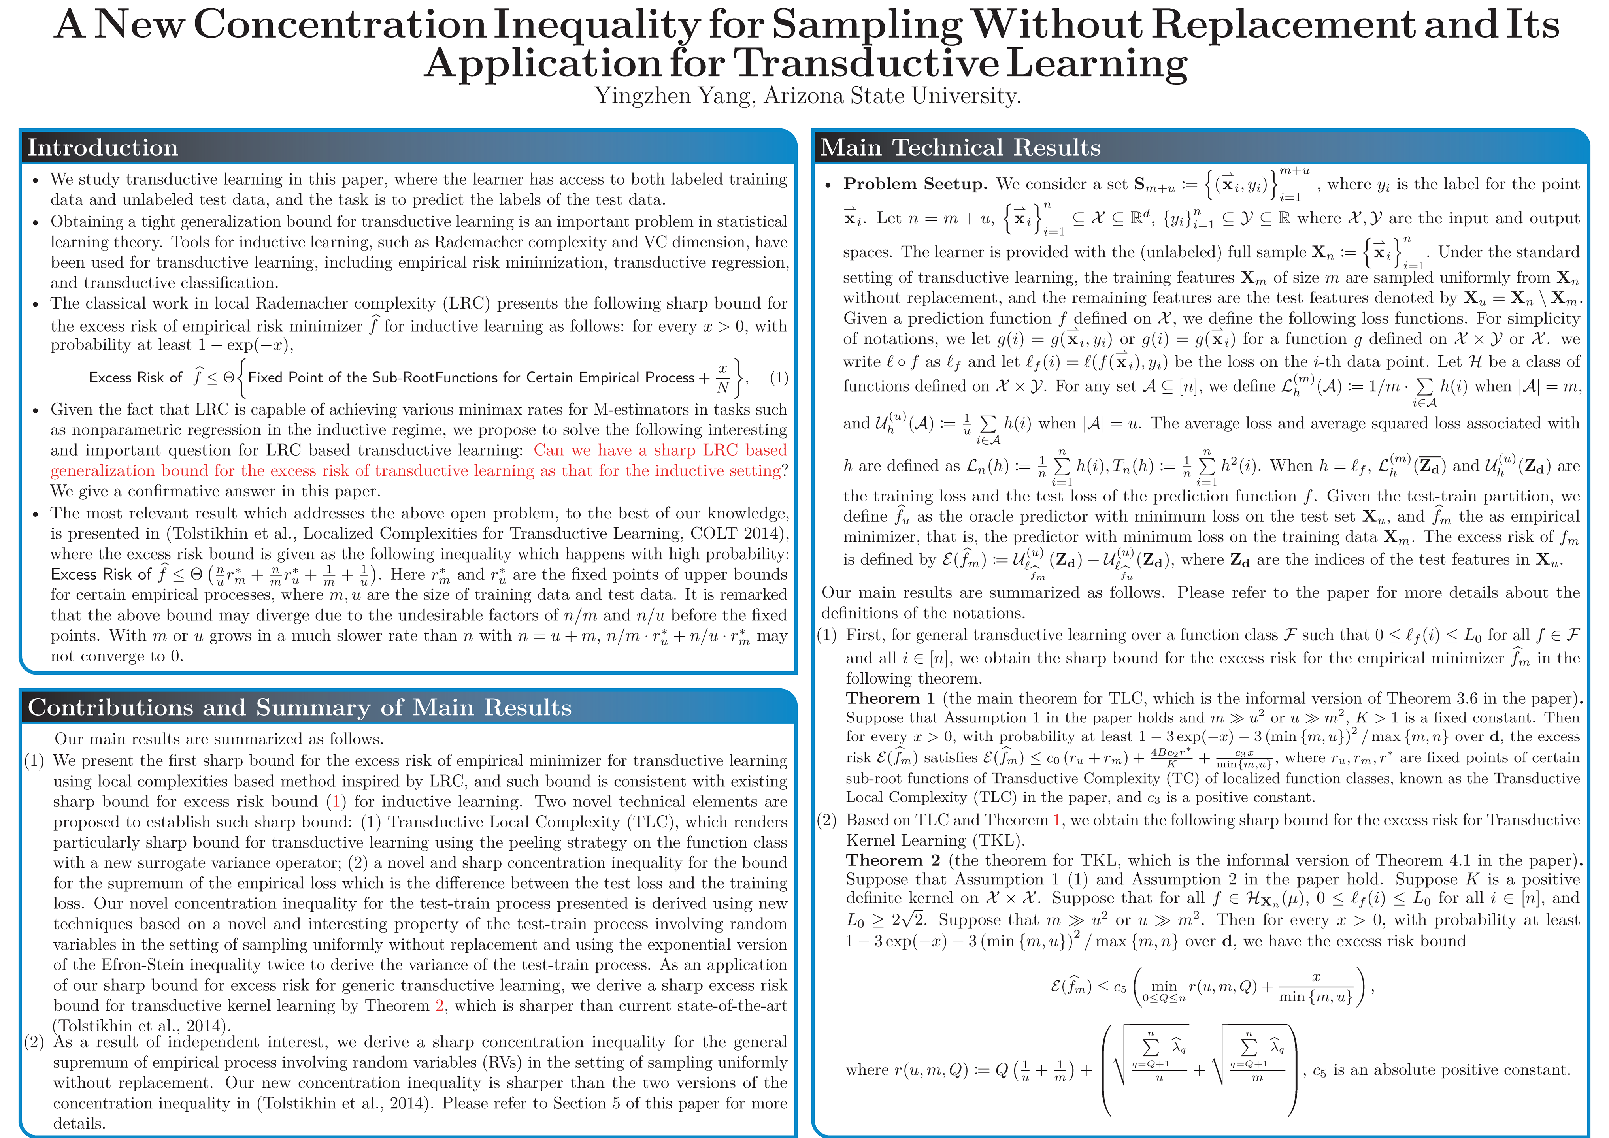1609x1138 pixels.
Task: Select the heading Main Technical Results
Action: click(x=960, y=148)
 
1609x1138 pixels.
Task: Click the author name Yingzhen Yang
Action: click(x=674, y=95)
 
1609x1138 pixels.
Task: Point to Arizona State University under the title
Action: click(x=891, y=95)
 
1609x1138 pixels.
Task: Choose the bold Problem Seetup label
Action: click(x=915, y=184)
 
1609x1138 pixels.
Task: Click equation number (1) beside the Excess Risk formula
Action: click(x=779, y=378)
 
